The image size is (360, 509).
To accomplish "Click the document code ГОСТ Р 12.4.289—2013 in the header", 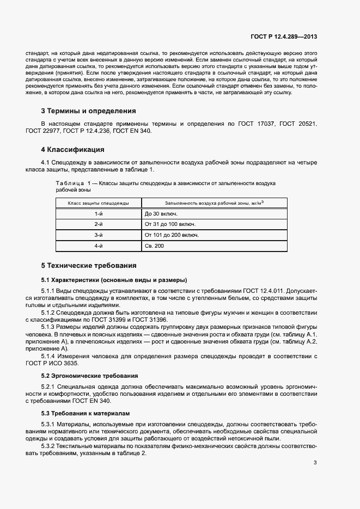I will click(284, 37).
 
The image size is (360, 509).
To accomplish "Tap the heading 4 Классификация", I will click(72, 150).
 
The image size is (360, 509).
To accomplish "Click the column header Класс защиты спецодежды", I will click(98, 203).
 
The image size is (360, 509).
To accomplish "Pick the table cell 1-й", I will click(99, 214).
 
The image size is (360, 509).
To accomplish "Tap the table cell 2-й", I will click(99, 224).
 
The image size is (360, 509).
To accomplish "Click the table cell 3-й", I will click(99, 235).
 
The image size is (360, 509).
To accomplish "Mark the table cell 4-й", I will click(99, 246).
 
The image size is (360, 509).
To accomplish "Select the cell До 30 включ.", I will click(161, 214).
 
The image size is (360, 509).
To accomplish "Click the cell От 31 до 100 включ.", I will click(169, 224).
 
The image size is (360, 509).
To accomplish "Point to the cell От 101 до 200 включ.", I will click(171, 235).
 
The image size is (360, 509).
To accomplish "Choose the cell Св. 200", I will click(154, 246).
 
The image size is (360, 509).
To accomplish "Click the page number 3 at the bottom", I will click(315, 463).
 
